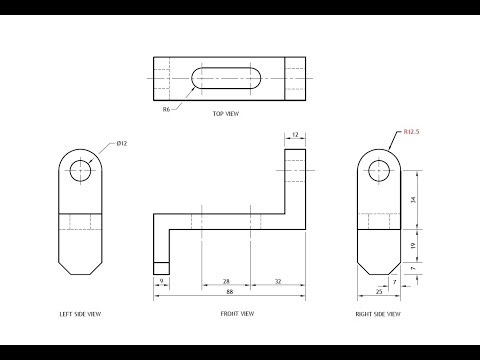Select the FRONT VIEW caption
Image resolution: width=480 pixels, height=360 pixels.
click(237, 314)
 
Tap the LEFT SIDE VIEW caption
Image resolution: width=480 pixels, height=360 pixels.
click(80, 314)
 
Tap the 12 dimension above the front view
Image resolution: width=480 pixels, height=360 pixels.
click(297, 133)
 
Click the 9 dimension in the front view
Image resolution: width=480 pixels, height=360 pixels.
click(160, 283)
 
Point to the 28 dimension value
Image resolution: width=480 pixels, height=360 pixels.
click(226, 283)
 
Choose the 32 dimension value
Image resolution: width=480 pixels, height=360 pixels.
click(277, 283)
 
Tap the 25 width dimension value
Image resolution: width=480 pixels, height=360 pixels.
click(378, 293)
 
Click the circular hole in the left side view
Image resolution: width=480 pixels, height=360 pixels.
click(80, 171)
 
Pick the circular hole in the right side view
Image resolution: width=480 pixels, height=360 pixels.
click(378, 171)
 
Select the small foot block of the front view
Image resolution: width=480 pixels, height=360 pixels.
click(160, 266)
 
